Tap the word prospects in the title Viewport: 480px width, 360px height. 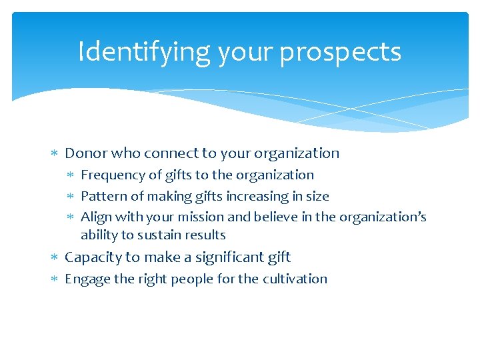pos(340,52)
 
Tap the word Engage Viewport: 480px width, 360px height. pos(87,279)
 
